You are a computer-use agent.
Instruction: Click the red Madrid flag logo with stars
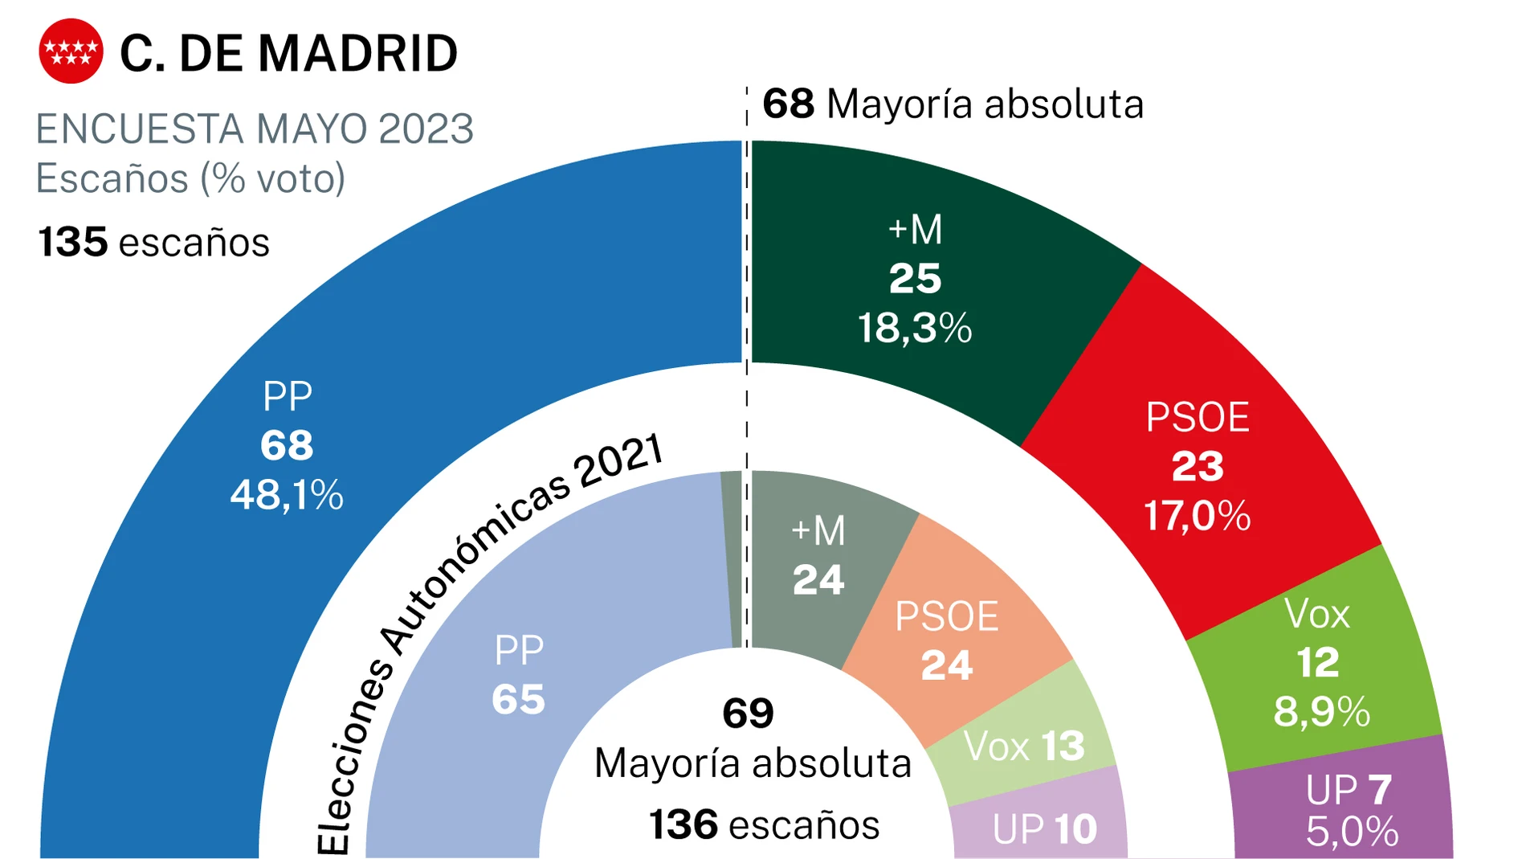pos(71,51)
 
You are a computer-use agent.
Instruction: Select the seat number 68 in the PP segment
pos(287,445)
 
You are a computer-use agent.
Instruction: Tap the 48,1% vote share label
pos(287,495)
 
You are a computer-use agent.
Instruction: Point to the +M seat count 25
pos(915,279)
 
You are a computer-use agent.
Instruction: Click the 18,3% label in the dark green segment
pos(915,329)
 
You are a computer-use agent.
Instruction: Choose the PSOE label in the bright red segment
pos(1198,417)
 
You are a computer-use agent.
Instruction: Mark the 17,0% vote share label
pos(1198,515)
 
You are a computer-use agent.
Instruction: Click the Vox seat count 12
pos(1318,663)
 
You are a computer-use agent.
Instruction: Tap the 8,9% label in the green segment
pos(1322,712)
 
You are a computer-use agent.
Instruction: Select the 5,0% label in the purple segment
pos(1353,832)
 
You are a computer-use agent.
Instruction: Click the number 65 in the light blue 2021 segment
pos(519,699)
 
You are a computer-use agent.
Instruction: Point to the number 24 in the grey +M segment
pos(818,580)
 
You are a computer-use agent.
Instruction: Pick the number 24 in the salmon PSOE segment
pos(947,665)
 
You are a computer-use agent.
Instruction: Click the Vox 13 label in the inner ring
pos(1024,747)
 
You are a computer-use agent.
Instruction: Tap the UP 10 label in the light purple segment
pos(1045,829)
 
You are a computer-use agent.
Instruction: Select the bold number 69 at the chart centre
pos(748,713)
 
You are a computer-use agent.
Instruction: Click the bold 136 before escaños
pos(683,825)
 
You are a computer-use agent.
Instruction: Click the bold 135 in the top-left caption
pos(73,242)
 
